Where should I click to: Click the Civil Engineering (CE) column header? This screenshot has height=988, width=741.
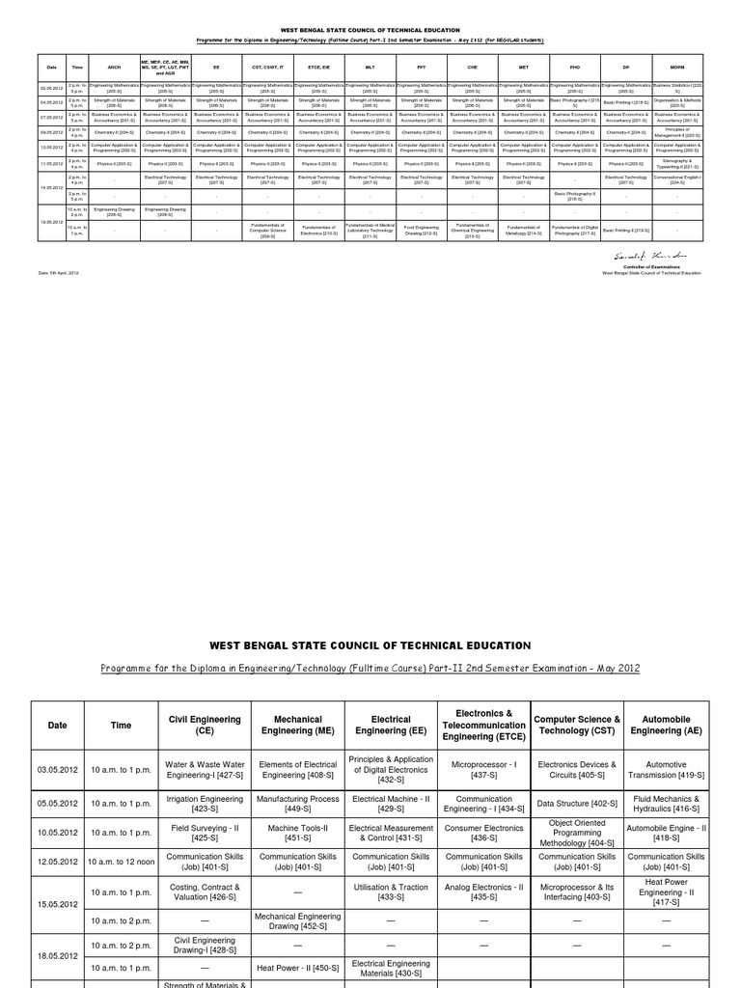pos(204,725)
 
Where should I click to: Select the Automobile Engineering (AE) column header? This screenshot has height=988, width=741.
pos(668,725)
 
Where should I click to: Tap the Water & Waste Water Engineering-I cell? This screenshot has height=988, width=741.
pos(204,768)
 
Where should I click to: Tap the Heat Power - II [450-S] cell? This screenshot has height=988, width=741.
pos(297,967)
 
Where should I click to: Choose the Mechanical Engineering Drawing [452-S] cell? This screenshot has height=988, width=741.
pos(297,920)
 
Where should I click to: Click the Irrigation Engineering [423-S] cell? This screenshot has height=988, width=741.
pos(204,802)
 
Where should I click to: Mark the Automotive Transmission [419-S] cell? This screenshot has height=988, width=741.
pos(668,768)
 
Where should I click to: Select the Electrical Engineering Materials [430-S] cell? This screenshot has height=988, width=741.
pos(390,967)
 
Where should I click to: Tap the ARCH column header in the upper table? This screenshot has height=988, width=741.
pos(115,69)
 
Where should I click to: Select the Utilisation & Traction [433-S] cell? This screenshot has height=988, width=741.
pos(390,892)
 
